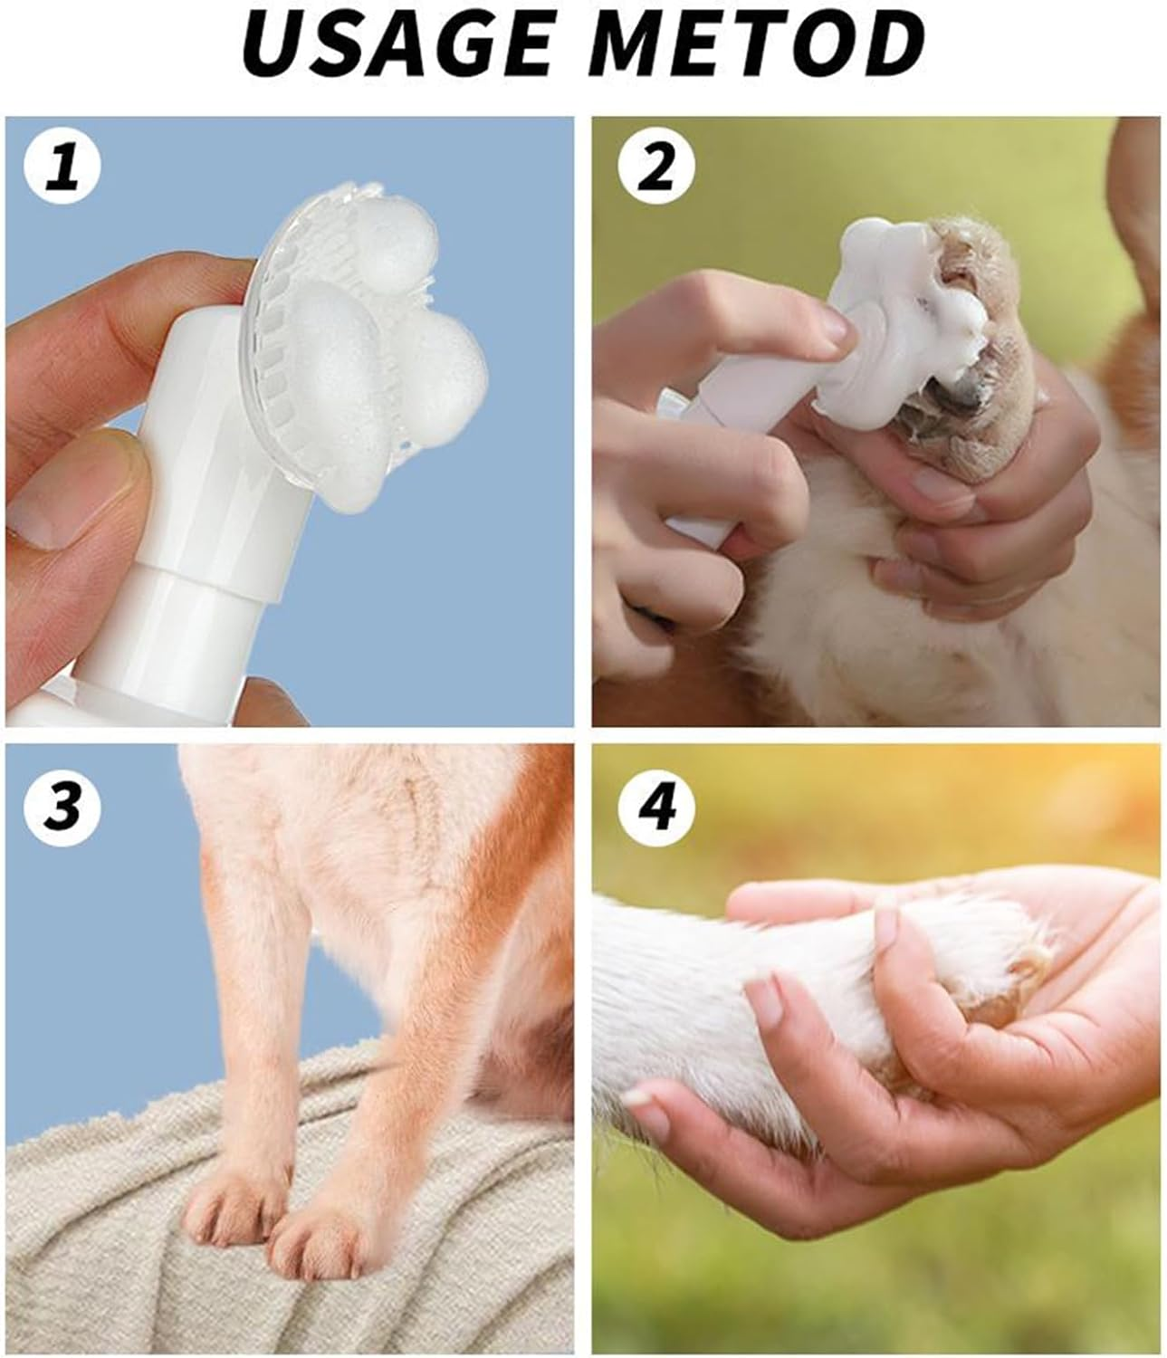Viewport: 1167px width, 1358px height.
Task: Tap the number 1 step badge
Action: coord(62,169)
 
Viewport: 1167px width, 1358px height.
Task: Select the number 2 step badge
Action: coord(656,169)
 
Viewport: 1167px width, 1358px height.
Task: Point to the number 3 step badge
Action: coord(62,804)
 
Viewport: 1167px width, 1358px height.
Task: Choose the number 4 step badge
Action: coord(656,804)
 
